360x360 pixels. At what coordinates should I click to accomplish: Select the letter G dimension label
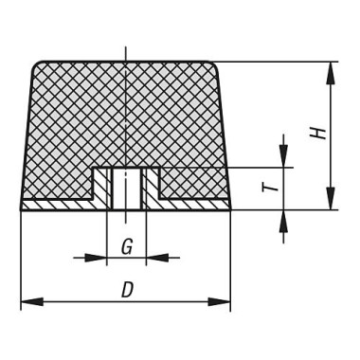[126, 248]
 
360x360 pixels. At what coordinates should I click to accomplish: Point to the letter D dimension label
[126, 291]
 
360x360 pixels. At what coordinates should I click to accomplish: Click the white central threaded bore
[126, 189]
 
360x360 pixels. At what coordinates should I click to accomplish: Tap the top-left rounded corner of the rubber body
[37, 66]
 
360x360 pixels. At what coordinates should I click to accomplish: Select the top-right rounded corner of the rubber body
[213, 66]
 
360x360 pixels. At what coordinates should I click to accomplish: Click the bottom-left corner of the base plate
[22, 208]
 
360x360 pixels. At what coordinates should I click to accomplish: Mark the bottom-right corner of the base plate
[229, 208]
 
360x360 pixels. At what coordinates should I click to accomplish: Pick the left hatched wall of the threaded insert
[109, 189]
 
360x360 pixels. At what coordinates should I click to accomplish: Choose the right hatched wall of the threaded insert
[143, 189]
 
